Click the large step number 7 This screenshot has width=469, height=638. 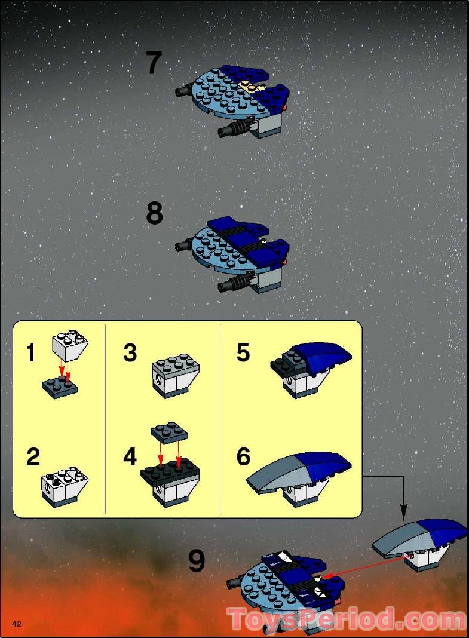coord(154,63)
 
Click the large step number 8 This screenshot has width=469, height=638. coord(154,213)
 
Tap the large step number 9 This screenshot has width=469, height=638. coord(197,562)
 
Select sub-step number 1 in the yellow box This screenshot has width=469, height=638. coord(31,353)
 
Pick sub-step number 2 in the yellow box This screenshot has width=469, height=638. coord(33,457)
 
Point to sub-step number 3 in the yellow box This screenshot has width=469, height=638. coord(130,353)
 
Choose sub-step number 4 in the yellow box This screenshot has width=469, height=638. coord(130,457)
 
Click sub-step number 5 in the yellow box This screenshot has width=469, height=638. coord(243,353)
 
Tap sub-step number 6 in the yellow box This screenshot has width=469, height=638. coord(243,457)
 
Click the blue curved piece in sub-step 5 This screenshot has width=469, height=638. coord(326,356)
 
